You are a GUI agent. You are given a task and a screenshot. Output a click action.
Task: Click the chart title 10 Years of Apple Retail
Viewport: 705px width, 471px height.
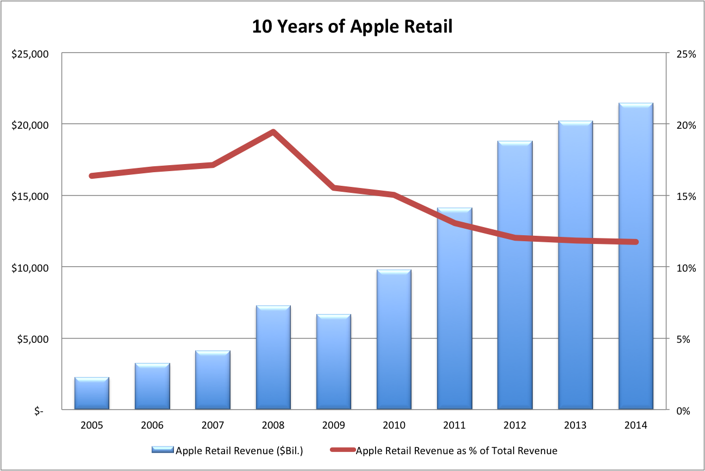click(x=352, y=26)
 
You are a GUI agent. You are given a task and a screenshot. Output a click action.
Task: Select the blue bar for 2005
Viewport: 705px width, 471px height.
click(x=92, y=393)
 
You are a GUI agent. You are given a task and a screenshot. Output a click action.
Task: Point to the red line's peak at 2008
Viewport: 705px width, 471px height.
click(x=273, y=132)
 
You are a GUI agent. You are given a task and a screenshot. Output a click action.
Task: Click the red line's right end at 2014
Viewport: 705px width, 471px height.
click(x=635, y=242)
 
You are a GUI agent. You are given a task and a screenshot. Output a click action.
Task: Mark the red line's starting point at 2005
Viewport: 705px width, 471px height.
click(x=92, y=175)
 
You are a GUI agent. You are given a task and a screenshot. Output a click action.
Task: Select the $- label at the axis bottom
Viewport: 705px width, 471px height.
click(x=39, y=411)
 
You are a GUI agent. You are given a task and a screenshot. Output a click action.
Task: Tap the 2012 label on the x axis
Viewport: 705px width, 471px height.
click(x=515, y=425)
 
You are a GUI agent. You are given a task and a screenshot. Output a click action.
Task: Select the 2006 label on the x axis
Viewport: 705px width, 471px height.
click(x=152, y=425)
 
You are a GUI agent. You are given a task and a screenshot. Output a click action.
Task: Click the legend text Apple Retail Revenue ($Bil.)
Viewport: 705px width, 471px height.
click(x=239, y=450)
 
